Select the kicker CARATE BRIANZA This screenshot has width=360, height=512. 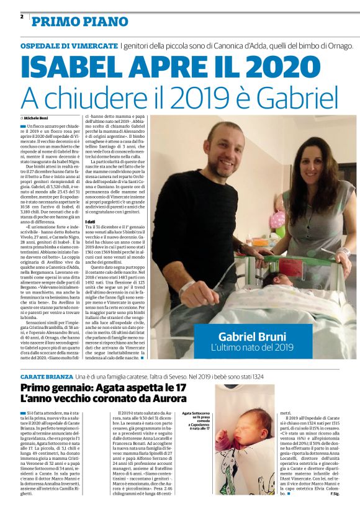tap(47, 375)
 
